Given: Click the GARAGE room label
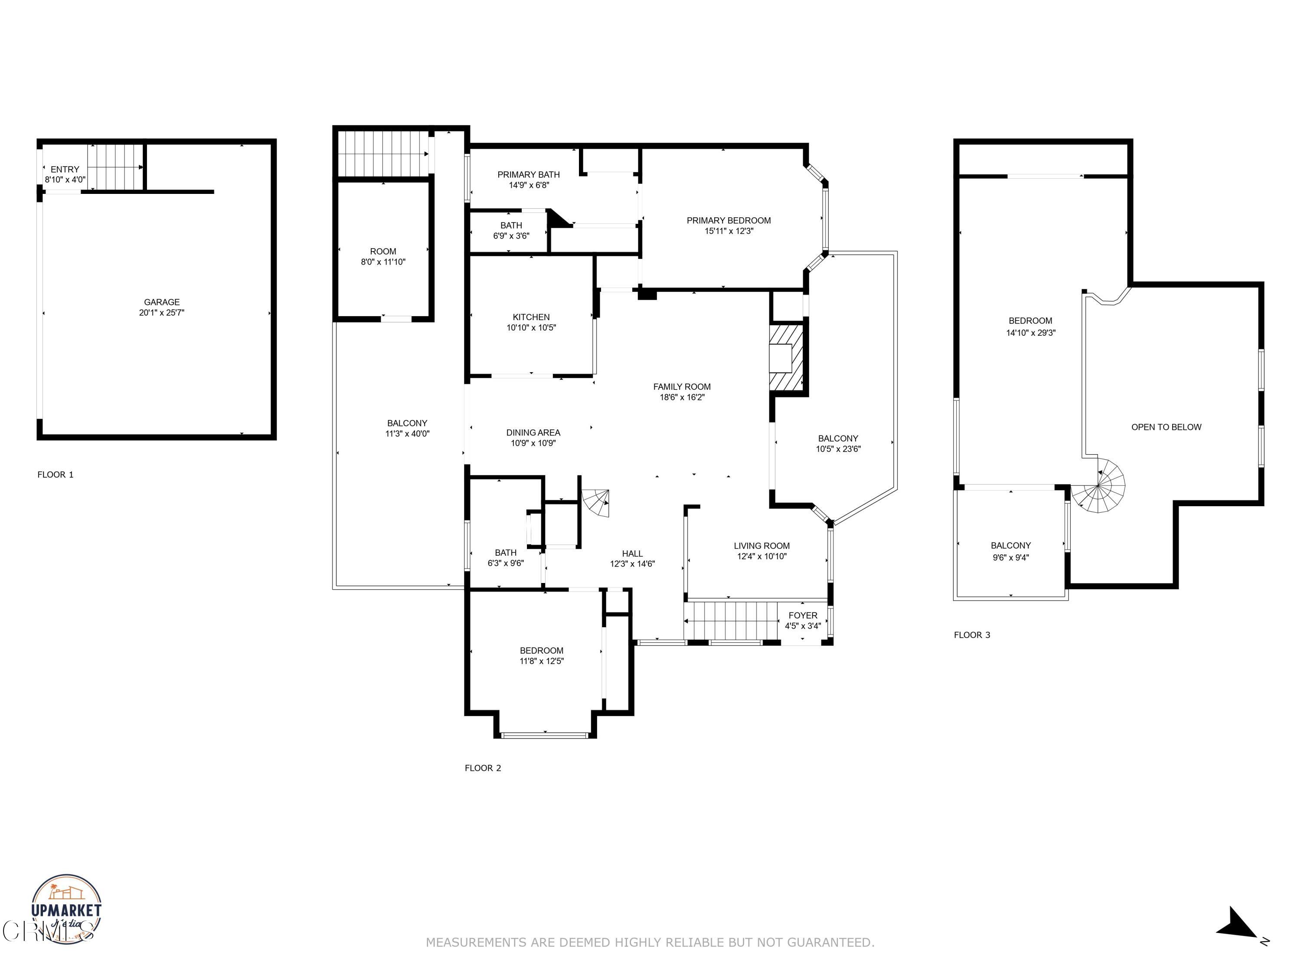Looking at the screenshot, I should click(x=162, y=302).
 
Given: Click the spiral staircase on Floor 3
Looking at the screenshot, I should click(x=1098, y=486).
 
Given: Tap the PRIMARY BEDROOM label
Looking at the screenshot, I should click(x=728, y=221).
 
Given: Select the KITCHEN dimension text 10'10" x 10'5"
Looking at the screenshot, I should click(x=531, y=328).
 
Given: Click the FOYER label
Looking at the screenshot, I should click(x=802, y=616).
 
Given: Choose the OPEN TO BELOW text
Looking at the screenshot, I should click(x=1166, y=427).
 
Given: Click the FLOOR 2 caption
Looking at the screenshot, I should click(x=482, y=768).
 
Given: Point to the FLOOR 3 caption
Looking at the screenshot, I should click(x=972, y=635).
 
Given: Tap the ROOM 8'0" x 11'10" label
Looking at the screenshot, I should click(x=383, y=256).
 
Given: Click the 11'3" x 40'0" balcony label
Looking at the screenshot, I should click(x=407, y=434).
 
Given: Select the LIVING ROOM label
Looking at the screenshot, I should click(x=761, y=546).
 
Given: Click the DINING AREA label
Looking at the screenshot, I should click(x=533, y=432).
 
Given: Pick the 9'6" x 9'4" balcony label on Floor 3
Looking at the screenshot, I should click(x=1010, y=557).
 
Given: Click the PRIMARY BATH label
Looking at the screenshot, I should click(x=528, y=175).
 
